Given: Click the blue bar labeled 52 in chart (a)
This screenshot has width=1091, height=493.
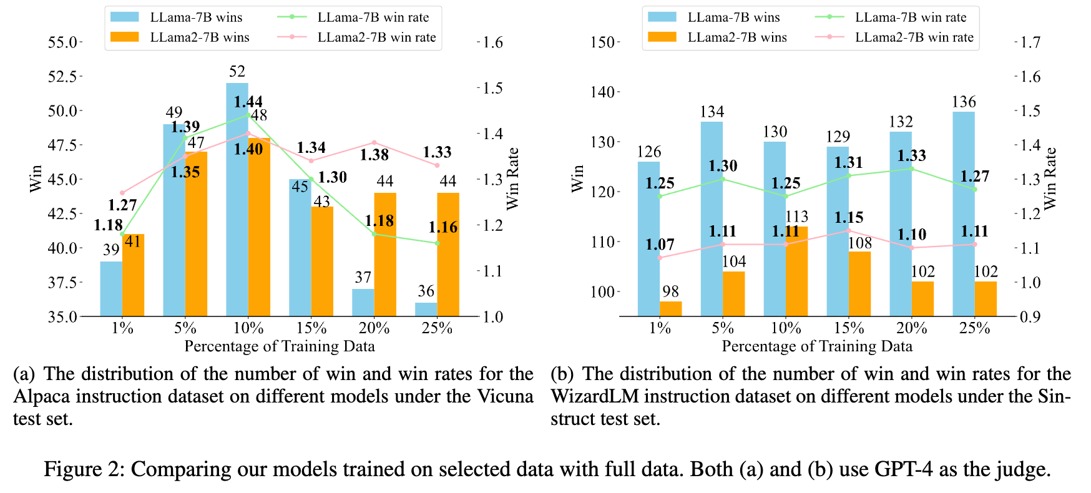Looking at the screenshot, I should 237,200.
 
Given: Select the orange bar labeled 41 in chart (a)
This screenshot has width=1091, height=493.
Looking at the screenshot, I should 133,275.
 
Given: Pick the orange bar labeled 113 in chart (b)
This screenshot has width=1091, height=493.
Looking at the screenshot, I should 796,271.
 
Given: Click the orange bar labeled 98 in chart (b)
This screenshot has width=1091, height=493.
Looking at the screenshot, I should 671,309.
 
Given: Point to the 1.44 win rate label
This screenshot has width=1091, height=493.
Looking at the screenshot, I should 248,102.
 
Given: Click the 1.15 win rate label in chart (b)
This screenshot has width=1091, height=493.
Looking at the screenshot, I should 849,218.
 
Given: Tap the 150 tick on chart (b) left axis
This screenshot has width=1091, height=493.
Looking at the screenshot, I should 602,42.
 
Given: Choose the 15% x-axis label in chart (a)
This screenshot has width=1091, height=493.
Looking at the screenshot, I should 311,328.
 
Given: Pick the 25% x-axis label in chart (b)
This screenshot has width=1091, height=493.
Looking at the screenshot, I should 974,328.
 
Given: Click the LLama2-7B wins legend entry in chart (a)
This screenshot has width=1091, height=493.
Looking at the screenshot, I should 200,37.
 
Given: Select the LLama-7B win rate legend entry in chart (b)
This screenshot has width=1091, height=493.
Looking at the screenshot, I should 911,17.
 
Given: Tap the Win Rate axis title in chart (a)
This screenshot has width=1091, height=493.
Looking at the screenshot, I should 512,178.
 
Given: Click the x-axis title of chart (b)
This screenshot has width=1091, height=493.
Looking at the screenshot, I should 817,346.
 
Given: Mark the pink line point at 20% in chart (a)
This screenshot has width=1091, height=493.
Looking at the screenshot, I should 374,143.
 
